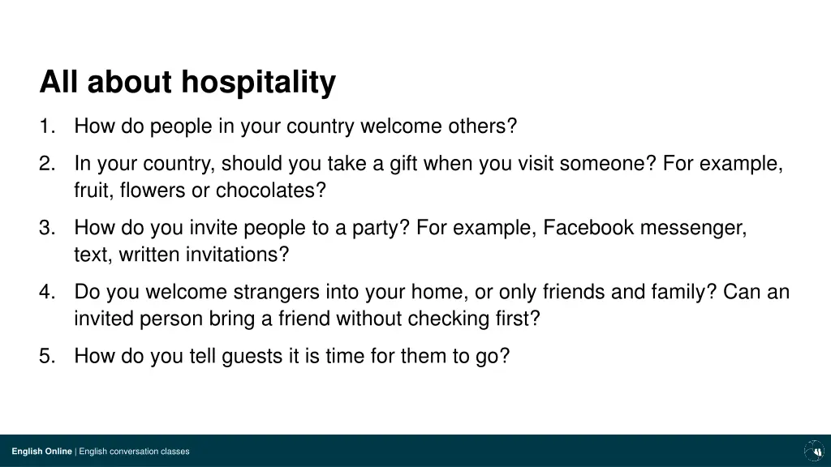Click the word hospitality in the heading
click(258, 83)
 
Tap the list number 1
click(45, 126)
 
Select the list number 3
click(45, 228)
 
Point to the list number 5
click(45, 356)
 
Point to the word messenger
click(693, 228)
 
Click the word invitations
click(238, 255)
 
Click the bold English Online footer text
click(41, 452)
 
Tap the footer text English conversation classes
click(134, 452)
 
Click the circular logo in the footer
click(813, 451)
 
